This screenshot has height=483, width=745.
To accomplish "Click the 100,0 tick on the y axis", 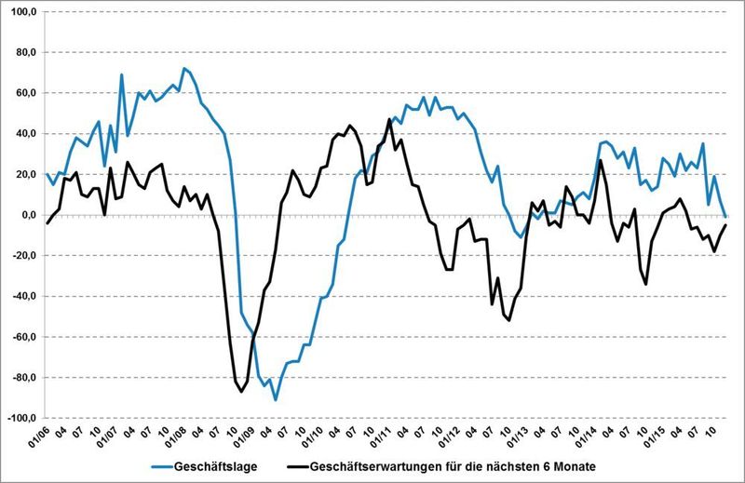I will click(20, 12).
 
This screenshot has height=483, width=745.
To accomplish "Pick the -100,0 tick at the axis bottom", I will click(20, 419).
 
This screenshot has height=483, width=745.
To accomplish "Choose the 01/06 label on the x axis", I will click(39, 436).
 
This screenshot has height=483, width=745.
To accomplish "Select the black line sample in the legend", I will click(293, 465).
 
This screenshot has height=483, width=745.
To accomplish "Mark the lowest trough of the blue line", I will click(276, 399).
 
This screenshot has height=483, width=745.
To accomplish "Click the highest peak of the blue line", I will click(184, 68).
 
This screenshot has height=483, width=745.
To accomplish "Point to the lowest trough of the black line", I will click(241, 392).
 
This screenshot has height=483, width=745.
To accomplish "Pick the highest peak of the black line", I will click(388, 119).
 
